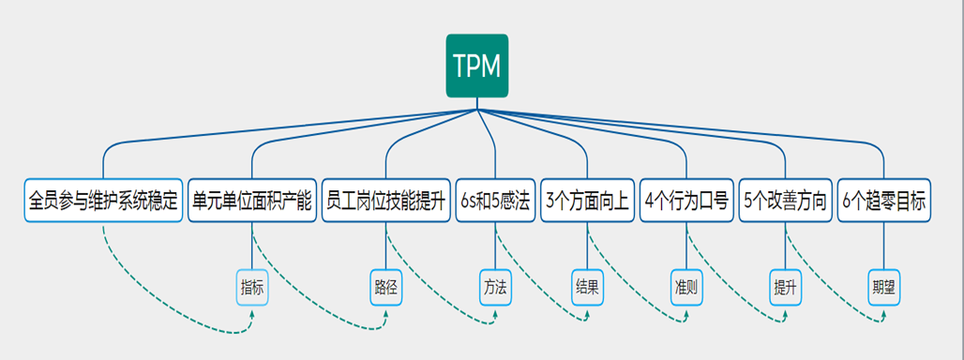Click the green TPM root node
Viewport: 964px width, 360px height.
tap(477, 66)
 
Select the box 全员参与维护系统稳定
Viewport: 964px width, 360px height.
tap(103, 201)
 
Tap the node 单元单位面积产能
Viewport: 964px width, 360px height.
tap(252, 201)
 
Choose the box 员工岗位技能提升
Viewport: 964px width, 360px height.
tap(385, 201)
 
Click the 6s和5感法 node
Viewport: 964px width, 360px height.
tap(494, 201)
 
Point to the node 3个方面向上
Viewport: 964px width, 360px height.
tap(587, 201)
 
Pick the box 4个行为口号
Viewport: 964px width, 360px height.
tap(686, 201)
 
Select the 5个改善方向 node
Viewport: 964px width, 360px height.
tap(786, 201)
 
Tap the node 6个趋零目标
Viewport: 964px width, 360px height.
tap(884, 201)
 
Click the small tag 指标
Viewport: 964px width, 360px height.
tap(252, 287)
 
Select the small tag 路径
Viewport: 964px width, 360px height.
tap(385, 287)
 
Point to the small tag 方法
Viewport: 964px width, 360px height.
tap(495, 287)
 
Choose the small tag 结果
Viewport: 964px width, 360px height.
tap(587, 287)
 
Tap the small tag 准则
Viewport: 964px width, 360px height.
tap(686, 287)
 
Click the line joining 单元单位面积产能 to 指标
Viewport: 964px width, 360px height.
tap(252, 246)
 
